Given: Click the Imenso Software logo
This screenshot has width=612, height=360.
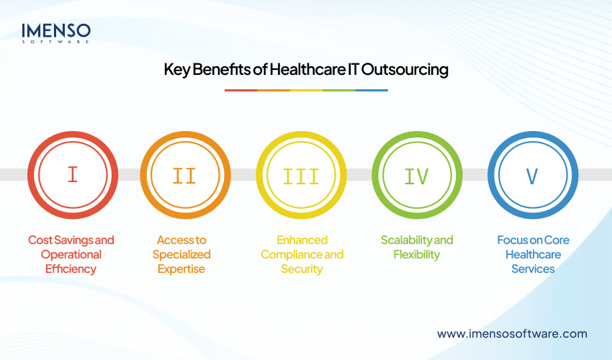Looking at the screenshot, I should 56,33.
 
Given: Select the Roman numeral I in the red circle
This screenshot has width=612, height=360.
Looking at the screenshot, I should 72,175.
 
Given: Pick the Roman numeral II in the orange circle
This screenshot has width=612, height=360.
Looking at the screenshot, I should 185,175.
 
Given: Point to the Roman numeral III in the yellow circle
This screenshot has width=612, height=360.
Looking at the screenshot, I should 302,175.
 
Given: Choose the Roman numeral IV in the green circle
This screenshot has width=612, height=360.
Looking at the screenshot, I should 418,175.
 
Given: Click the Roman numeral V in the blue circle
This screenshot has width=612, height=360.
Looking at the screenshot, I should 533,175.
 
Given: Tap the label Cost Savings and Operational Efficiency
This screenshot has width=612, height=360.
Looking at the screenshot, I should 71,254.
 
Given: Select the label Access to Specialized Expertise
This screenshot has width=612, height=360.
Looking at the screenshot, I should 185,254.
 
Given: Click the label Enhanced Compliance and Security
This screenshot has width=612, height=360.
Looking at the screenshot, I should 302,254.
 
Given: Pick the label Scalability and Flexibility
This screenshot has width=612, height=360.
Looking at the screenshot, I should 417,247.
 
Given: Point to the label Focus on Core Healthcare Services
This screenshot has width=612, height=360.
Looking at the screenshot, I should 533,254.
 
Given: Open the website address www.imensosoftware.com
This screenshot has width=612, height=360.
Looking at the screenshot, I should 512,333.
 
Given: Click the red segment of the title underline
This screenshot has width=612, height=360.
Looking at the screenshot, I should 240,90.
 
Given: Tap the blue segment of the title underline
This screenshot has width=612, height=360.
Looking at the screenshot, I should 372,90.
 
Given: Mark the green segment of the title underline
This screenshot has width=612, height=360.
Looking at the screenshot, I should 338,90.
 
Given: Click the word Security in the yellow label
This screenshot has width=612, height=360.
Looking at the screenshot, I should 302,269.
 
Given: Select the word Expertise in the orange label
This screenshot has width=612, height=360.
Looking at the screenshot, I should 185,269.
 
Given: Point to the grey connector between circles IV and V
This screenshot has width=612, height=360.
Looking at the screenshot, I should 475,175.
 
